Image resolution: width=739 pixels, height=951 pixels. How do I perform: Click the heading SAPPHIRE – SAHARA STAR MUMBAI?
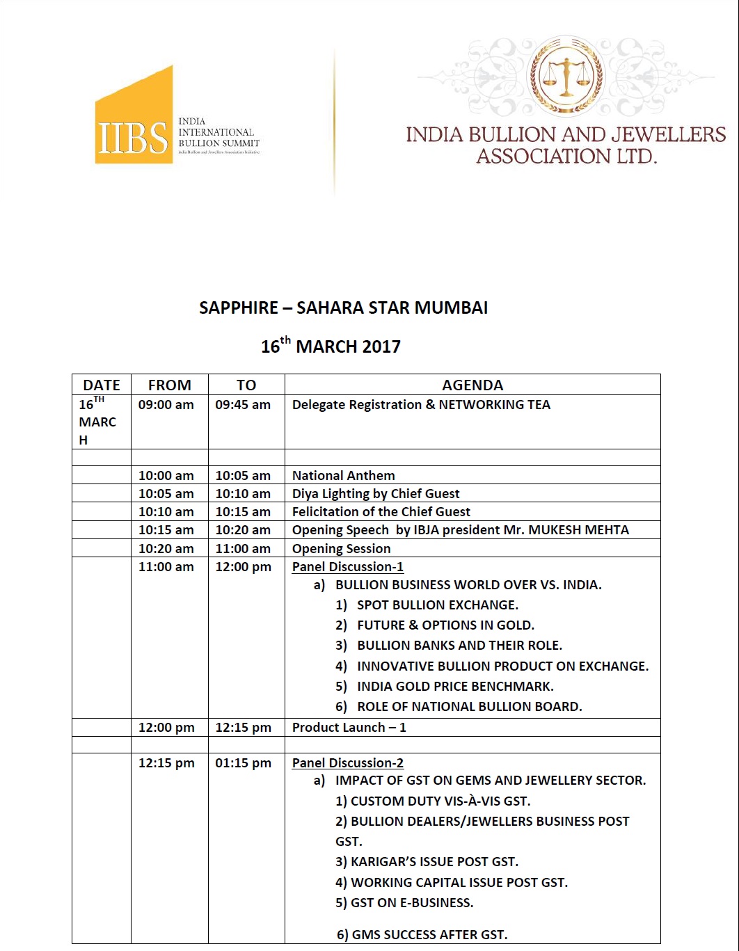[x=343, y=307]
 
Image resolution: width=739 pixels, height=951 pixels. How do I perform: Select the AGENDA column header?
[x=472, y=385]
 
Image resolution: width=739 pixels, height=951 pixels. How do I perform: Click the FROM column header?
[x=169, y=385]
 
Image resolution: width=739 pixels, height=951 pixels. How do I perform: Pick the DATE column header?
[x=102, y=385]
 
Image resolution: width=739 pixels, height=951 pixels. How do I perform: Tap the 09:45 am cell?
[x=243, y=405]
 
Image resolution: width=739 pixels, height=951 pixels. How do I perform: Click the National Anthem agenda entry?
[x=343, y=476]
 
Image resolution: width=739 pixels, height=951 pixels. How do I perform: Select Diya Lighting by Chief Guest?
[x=376, y=494]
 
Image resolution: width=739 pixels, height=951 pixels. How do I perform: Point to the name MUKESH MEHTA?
[x=578, y=530]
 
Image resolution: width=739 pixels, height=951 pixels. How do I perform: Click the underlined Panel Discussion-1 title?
[x=347, y=567]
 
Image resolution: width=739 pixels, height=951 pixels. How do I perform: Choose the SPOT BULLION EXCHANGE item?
[x=437, y=605]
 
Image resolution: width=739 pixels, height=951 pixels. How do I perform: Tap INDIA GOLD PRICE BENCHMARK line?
[x=455, y=687]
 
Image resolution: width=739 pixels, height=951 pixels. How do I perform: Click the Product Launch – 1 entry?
[x=349, y=728]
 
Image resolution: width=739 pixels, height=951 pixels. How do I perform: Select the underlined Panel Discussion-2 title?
[x=347, y=763]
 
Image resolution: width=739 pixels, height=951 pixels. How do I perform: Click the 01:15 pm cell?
[x=243, y=763]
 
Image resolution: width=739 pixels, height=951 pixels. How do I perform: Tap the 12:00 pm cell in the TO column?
[x=243, y=567]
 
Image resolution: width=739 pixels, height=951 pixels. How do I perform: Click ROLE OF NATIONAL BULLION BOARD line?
[x=469, y=707]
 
